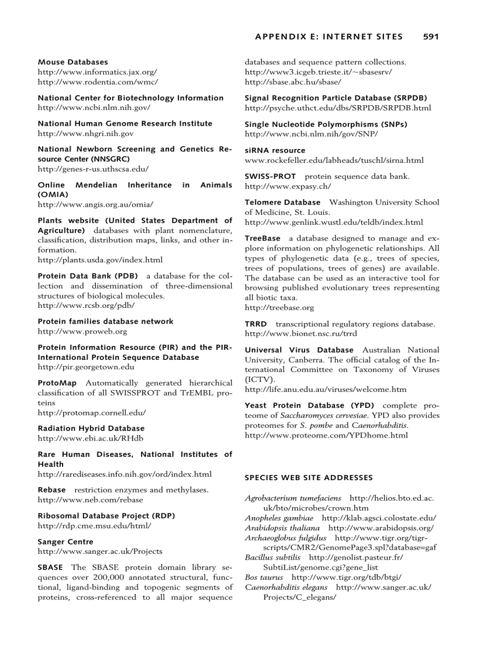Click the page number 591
point(430,36)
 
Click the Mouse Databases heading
point(72,62)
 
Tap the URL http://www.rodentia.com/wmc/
point(98,82)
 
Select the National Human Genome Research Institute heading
point(125,123)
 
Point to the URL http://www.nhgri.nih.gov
point(85,133)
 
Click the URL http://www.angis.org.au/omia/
point(95,204)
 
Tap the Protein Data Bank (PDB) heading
point(88,276)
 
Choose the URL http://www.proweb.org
point(82,331)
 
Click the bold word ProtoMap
point(57,383)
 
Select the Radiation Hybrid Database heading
point(91,428)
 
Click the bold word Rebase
point(51,490)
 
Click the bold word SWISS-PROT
point(270,176)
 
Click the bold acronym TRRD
point(255,324)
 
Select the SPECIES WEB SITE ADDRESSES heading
point(308,477)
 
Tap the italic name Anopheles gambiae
point(279,518)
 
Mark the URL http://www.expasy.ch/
point(287,186)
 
